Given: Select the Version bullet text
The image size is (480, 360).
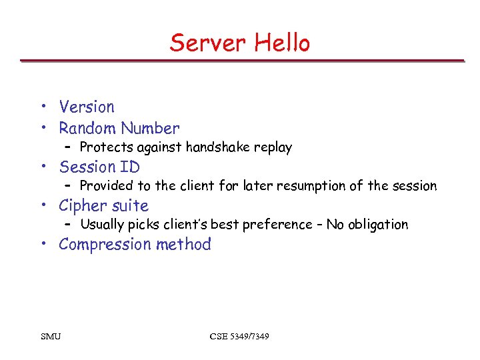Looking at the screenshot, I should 87,107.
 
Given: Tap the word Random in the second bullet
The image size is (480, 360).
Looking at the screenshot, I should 86,128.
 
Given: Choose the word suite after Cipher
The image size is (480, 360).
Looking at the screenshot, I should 131,206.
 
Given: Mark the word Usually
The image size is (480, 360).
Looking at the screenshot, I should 102,225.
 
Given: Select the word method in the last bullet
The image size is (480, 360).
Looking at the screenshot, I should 183,245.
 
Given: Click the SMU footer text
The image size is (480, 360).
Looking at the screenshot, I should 51,337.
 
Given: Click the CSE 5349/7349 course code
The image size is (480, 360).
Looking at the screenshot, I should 239,337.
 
